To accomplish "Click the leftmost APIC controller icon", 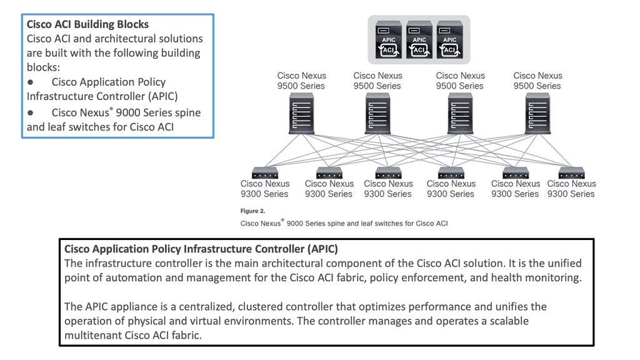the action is click(389, 39).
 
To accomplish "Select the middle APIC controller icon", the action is click(419, 39).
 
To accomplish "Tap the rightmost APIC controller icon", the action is click(450, 39).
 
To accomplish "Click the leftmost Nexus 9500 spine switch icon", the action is click(301, 114).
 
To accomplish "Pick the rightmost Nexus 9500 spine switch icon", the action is click(537, 114).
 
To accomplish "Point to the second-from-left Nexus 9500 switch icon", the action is click(377, 114).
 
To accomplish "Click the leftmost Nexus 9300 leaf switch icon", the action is click(265, 173).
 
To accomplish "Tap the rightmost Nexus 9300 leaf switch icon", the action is click(571, 173).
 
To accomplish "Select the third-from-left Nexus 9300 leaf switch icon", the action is click(388, 173).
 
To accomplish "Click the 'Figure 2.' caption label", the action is click(252, 211).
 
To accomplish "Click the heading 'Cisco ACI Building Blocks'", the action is click(87, 24).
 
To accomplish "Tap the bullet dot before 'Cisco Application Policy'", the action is click(31, 82).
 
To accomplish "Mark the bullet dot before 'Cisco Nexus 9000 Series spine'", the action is click(31, 112).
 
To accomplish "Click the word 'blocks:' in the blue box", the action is click(43, 67).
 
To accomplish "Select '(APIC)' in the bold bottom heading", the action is click(322, 249).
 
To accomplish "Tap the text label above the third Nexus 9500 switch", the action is click(460, 81).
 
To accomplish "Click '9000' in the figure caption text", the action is click(295, 224).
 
